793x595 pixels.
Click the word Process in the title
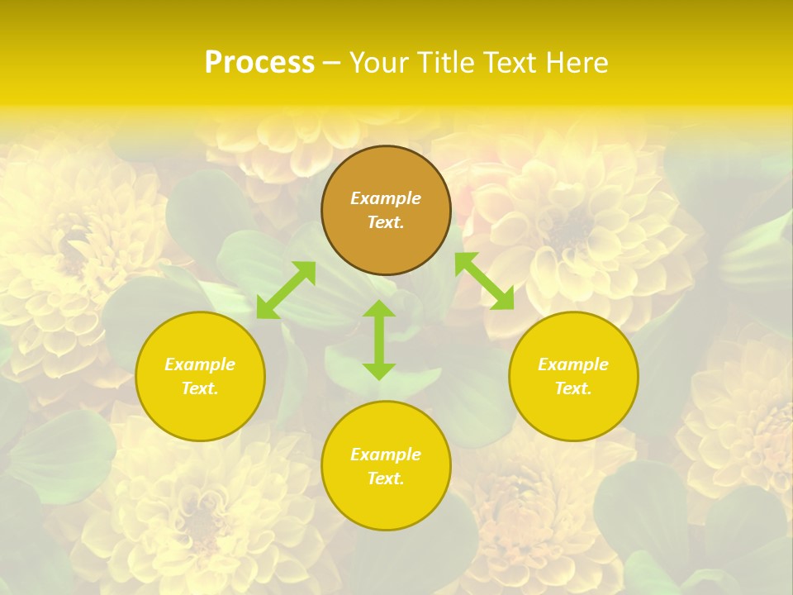point(259,63)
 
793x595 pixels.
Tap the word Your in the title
point(378,63)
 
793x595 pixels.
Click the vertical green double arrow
point(379,340)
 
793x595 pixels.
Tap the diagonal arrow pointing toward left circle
point(286,289)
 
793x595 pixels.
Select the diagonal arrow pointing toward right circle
point(484,281)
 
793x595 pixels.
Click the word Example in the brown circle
point(386,198)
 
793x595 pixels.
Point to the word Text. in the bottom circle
point(386,478)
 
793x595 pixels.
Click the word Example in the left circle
point(200,364)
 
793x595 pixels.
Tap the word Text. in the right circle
point(573,388)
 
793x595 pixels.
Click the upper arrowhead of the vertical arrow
point(379,309)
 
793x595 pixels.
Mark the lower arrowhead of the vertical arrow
point(379,370)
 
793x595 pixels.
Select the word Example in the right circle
point(573,364)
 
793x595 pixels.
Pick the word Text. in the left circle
point(200,388)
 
